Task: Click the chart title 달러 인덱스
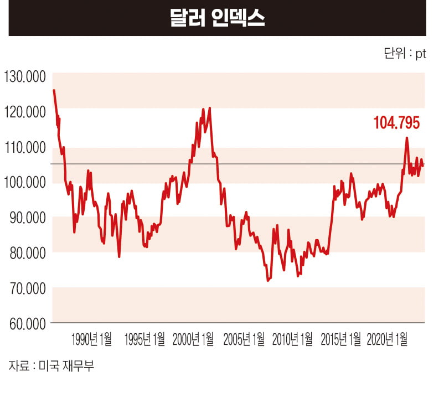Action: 217,18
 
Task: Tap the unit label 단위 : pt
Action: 405,54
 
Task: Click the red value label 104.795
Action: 396,122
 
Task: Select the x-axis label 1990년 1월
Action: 91,339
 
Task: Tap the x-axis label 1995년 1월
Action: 144,339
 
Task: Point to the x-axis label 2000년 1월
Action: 193,339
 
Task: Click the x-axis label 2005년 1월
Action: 243,339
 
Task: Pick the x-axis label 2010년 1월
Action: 292,339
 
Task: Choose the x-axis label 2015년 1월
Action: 342,339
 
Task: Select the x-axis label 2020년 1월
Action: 388,339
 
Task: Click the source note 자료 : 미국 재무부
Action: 48,366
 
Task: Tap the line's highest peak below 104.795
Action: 407,138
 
